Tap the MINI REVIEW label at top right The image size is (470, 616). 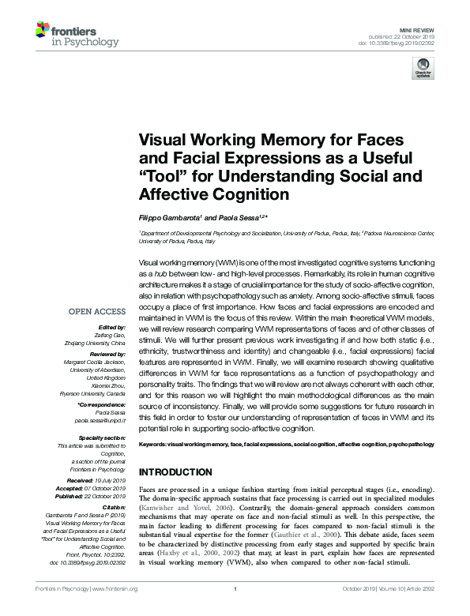click(419, 28)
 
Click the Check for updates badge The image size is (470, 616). click(419, 69)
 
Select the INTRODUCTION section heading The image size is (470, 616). click(178, 472)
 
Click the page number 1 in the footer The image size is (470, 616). click(236, 610)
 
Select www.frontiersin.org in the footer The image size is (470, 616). click(115, 610)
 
